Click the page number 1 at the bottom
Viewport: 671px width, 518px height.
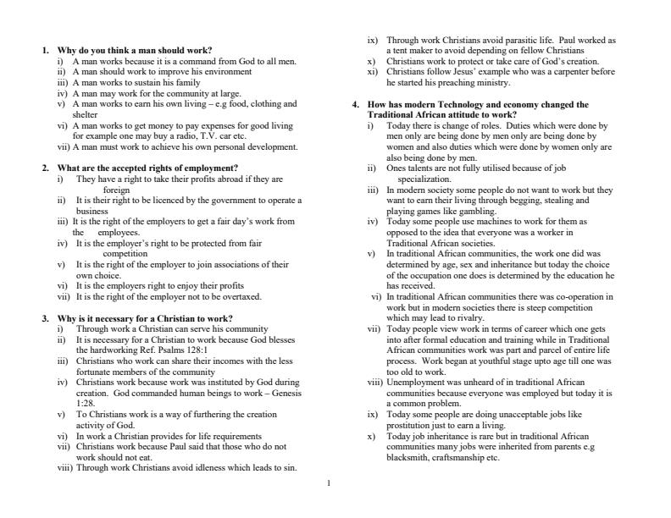click(329, 483)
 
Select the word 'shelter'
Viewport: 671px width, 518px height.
click(86, 114)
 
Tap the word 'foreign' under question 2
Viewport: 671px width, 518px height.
click(117, 190)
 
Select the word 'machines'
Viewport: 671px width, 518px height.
click(481, 222)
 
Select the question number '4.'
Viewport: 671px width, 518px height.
click(356, 105)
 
